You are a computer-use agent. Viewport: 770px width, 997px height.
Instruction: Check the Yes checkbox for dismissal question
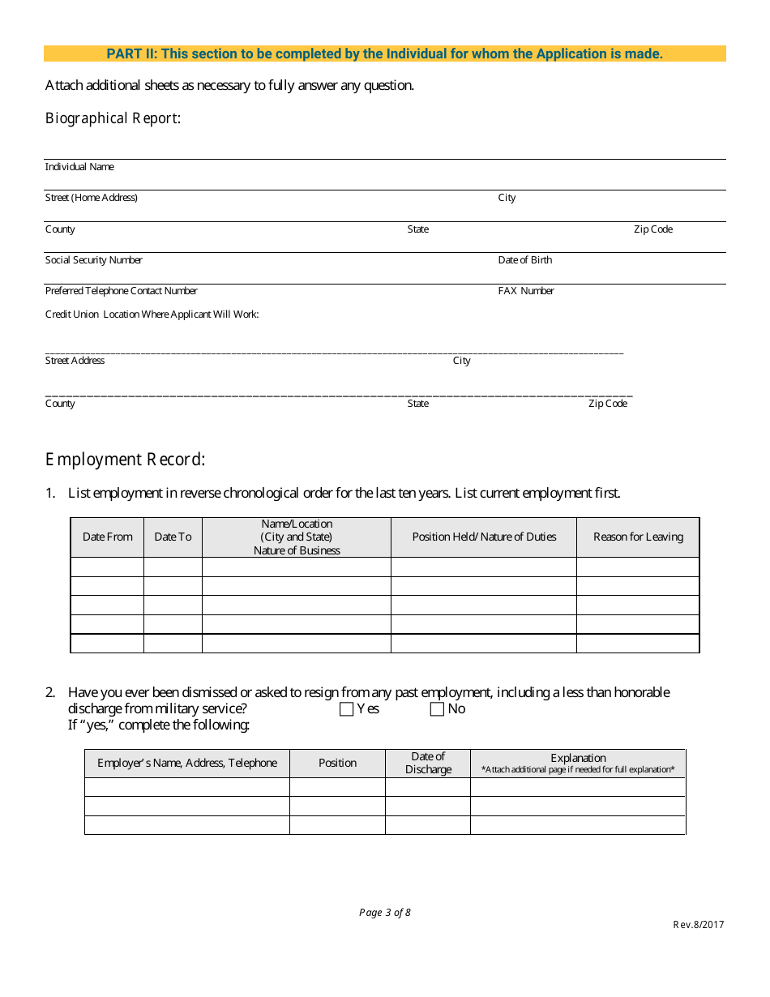(x=347, y=709)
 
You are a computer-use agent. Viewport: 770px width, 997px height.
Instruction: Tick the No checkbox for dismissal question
(x=437, y=709)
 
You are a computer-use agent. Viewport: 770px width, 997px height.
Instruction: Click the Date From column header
(x=107, y=537)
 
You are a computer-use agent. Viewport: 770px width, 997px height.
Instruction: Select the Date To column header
(x=173, y=537)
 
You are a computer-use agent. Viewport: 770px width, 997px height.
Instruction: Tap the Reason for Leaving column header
(x=638, y=537)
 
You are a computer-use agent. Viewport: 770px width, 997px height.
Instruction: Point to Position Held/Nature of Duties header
(x=484, y=537)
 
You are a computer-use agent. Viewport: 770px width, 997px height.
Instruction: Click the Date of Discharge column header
(x=428, y=763)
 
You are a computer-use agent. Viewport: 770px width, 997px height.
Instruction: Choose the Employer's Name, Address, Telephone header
(x=187, y=763)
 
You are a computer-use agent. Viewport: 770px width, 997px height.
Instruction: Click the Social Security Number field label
(x=93, y=260)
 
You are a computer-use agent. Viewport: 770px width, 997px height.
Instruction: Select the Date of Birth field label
(x=524, y=260)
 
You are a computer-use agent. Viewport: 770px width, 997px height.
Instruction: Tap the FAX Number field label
(x=526, y=291)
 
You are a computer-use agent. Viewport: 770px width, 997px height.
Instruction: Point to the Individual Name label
(x=79, y=167)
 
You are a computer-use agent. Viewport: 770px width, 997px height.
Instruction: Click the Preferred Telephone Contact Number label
(x=121, y=291)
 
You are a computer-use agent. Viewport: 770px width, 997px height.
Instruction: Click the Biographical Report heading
(x=113, y=118)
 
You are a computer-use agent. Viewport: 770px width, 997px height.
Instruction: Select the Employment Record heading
(x=125, y=460)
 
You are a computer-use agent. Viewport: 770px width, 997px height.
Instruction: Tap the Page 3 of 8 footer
(x=385, y=913)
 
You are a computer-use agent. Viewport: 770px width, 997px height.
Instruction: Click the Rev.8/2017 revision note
(x=698, y=925)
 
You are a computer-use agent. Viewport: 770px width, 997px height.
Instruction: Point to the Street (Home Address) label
(x=91, y=198)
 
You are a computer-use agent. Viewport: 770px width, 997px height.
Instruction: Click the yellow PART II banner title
(x=385, y=54)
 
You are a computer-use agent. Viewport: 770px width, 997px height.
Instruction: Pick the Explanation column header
(x=578, y=758)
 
